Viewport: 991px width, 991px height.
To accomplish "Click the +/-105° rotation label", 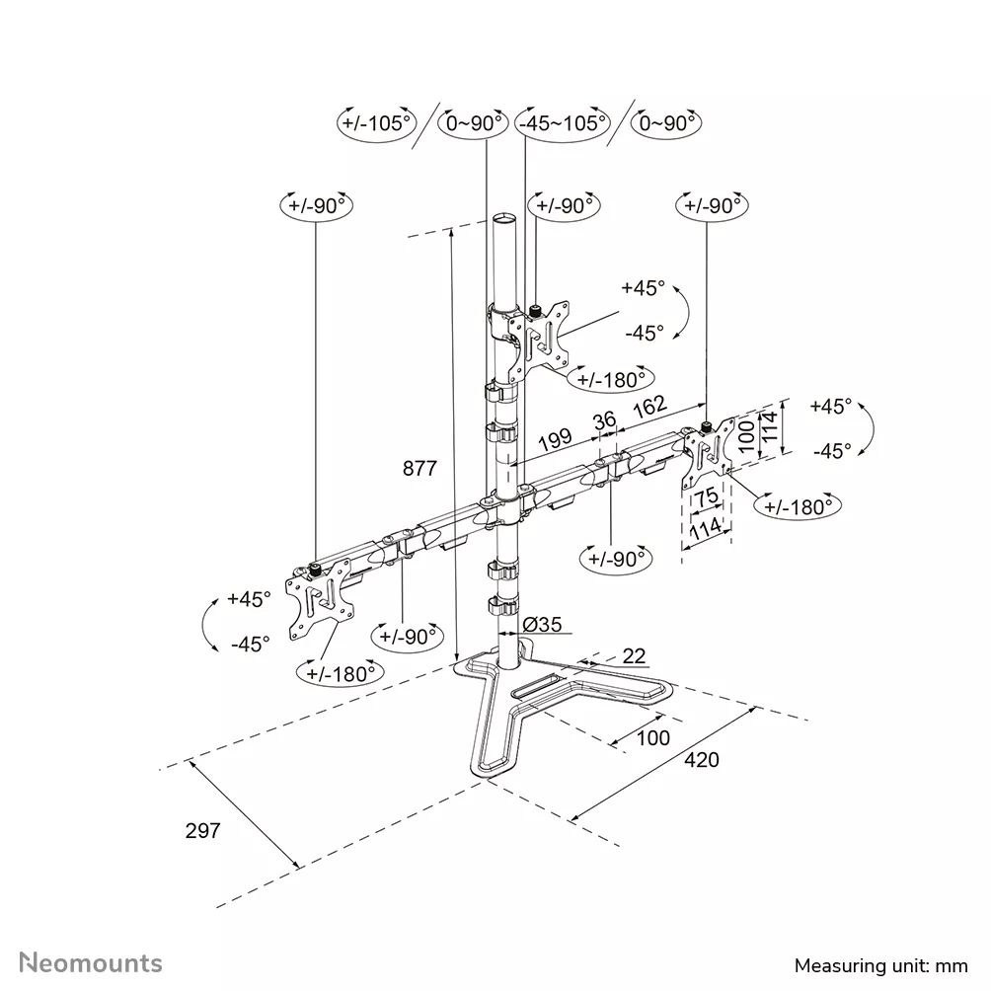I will [x=374, y=122].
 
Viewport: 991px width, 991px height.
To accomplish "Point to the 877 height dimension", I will [x=419, y=468].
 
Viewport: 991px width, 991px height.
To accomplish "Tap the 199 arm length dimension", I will [x=556, y=436].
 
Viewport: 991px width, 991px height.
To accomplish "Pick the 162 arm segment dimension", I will [x=648, y=406].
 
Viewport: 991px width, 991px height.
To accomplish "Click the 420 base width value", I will [x=702, y=759].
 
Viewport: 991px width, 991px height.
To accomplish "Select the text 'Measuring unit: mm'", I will [x=881, y=963].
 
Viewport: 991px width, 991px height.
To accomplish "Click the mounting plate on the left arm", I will [x=319, y=599].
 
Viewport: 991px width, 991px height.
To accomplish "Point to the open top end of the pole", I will [x=503, y=217].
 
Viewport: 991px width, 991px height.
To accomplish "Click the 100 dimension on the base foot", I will [x=652, y=737].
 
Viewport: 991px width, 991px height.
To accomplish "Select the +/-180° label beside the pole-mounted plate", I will [x=614, y=378].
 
